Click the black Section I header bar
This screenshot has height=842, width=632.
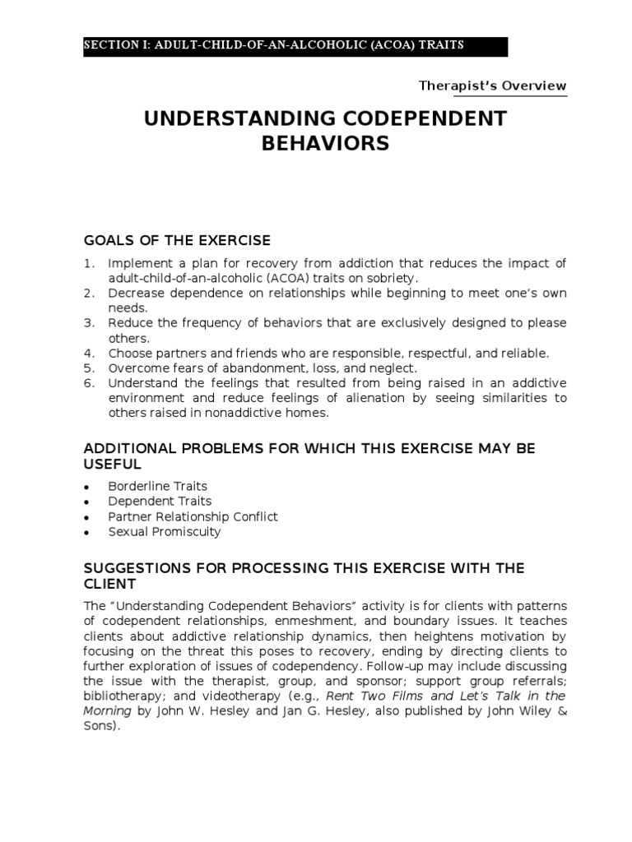pos(295,46)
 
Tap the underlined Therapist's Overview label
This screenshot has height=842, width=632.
pos(492,86)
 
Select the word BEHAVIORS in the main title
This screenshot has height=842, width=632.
pos(325,145)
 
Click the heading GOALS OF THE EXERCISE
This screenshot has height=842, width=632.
pos(177,240)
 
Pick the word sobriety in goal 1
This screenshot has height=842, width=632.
pos(367,278)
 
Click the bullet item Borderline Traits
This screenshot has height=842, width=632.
pos(157,486)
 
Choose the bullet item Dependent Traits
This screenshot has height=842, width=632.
pos(160,501)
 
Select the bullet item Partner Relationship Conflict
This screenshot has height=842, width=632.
pos(193,516)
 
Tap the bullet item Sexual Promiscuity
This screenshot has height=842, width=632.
pos(165,531)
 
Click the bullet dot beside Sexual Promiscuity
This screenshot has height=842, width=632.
pos(86,532)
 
